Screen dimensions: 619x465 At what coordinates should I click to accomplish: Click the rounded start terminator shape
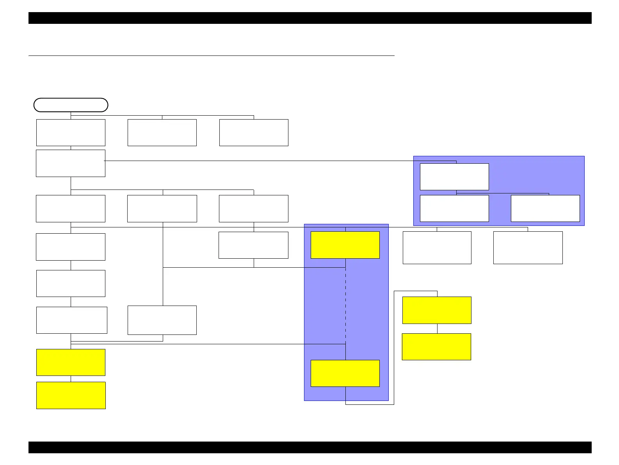click(71, 105)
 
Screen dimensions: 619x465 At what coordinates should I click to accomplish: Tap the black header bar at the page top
click(310, 18)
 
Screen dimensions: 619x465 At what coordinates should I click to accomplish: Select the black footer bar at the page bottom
click(310, 447)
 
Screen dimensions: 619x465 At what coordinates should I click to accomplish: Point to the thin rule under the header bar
click(211, 56)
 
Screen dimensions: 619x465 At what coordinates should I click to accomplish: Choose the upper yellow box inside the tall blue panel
click(345, 245)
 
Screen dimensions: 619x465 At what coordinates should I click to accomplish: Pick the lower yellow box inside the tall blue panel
click(345, 374)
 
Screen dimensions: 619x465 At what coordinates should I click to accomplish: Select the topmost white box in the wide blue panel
click(454, 177)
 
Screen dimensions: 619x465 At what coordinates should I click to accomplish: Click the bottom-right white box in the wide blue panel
click(545, 208)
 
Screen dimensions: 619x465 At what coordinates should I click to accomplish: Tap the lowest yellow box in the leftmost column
click(71, 395)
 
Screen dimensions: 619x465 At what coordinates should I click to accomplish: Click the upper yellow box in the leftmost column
click(71, 362)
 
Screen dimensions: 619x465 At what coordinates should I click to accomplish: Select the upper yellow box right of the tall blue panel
click(437, 310)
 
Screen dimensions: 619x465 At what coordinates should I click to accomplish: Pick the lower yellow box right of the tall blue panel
click(436, 347)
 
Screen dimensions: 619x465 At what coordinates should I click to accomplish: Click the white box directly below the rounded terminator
click(71, 132)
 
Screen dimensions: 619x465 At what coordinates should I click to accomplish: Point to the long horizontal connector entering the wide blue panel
click(258, 161)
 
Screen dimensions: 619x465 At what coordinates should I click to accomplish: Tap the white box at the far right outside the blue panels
click(528, 248)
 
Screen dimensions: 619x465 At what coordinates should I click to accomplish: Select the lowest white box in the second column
click(162, 320)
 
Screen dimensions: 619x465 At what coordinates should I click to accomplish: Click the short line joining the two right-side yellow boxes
click(437, 329)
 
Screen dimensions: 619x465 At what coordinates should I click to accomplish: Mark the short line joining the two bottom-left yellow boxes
click(71, 379)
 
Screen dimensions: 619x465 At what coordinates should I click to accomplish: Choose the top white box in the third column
click(254, 132)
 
